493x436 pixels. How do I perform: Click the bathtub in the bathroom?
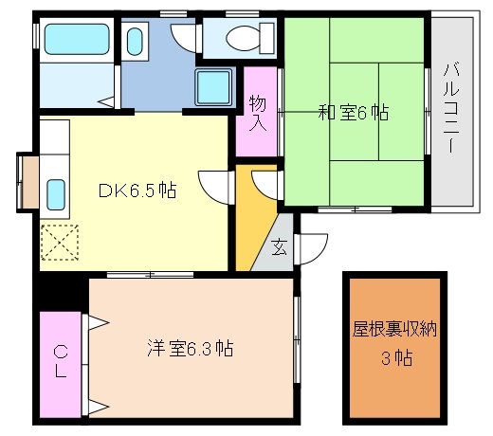tap(77, 39)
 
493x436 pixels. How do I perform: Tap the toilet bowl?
tap(243, 38)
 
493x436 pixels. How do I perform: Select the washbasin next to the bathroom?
tap(135, 42)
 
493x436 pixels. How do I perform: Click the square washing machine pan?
tap(212, 87)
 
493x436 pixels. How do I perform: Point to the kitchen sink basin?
tap(56, 194)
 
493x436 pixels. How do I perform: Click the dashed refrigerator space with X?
tap(60, 243)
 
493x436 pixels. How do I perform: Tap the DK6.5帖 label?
tap(137, 191)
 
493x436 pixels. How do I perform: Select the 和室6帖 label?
tap(354, 113)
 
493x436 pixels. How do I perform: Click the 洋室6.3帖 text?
tap(191, 348)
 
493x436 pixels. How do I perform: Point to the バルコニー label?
tap(451, 108)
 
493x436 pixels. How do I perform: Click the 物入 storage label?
tap(258, 113)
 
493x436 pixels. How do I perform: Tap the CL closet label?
tap(61, 362)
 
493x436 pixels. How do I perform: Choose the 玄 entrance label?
tap(280, 247)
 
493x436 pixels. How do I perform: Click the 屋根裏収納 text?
tap(394, 329)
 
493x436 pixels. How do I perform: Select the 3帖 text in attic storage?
tap(397, 358)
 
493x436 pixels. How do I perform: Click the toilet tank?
tap(267, 38)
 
